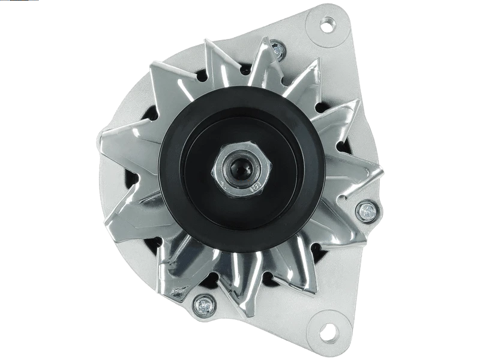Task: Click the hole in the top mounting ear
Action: [327, 25]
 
